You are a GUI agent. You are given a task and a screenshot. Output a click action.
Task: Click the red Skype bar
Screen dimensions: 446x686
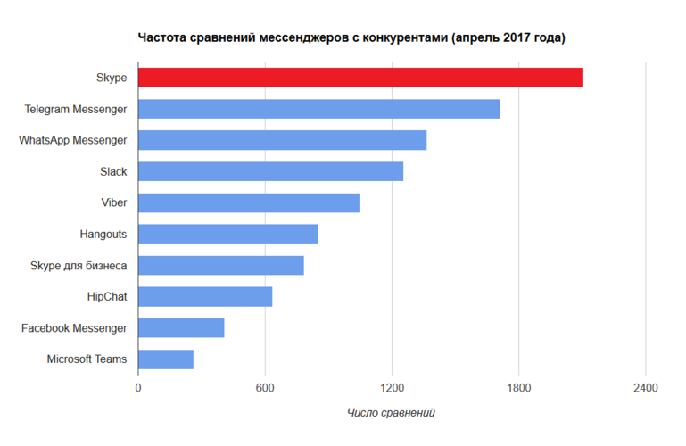[360, 78]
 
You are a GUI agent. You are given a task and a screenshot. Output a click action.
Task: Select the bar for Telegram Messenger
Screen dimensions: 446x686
[319, 109]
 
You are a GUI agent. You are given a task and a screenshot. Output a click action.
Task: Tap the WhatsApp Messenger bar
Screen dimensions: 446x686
[283, 140]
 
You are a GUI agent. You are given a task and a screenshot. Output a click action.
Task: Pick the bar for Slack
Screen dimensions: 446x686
[271, 171]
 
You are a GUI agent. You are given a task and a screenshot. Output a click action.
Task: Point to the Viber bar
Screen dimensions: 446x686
[249, 202]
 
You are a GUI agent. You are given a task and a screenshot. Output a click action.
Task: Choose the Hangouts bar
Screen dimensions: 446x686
[228, 234]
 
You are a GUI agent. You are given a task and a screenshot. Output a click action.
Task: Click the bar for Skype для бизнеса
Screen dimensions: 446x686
[221, 265]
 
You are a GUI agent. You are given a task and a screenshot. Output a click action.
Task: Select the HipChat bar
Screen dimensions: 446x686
[205, 296]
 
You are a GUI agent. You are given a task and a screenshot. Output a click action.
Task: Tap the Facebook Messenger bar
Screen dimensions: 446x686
[181, 327]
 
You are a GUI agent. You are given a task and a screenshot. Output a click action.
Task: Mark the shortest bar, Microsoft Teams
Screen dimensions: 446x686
[166, 359]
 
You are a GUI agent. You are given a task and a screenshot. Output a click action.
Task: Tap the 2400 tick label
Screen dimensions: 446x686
[646, 389]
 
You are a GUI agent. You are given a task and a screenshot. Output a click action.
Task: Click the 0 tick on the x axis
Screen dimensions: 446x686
[138, 389]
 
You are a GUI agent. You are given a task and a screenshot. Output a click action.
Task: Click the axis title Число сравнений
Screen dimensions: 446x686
[391, 413]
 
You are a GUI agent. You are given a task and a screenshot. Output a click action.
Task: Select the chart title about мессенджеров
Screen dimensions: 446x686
[351, 38]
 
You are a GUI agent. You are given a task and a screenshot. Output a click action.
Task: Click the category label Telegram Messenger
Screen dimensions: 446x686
[76, 109]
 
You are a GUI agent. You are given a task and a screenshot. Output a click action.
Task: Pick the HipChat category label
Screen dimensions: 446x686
[106, 296]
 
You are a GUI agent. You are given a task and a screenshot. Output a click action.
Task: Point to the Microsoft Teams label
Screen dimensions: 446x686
[87, 359]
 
